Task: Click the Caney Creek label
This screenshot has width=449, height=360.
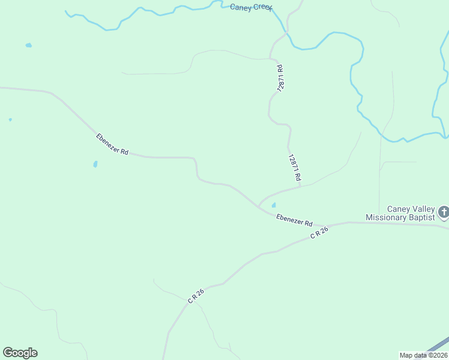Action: [251, 8]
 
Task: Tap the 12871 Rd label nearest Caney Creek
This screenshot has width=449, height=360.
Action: [280, 78]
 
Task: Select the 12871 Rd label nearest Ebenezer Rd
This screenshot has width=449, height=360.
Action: [294, 169]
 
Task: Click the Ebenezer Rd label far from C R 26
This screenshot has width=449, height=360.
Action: [112, 145]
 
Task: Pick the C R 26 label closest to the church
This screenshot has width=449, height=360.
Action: [320, 233]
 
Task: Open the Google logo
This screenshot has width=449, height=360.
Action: [20, 352]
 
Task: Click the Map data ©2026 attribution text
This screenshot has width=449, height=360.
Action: [423, 355]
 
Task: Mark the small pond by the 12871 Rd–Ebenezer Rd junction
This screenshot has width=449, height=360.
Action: [274, 205]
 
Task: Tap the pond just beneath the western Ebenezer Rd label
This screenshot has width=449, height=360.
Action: [95, 164]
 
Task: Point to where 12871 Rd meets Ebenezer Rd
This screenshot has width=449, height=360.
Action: [259, 206]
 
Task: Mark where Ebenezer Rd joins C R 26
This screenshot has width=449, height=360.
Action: [349, 223]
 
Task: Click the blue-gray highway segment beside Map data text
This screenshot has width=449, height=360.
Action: [438, 347]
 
